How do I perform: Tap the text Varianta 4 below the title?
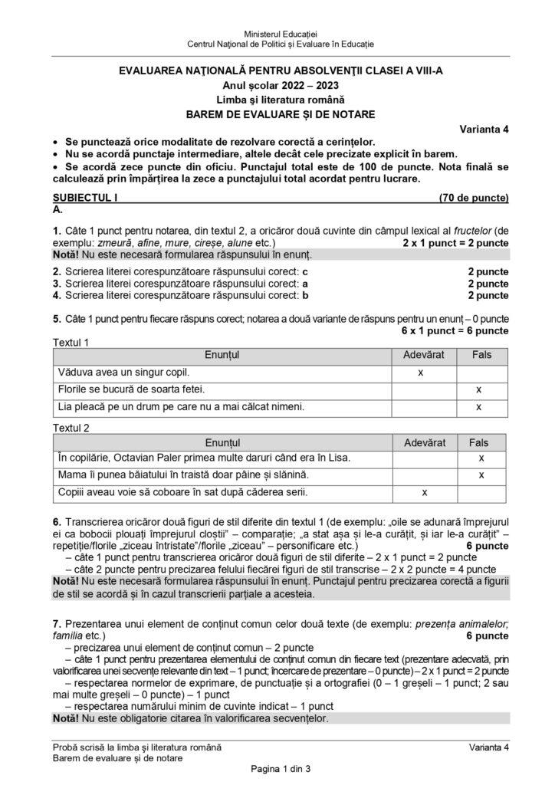pos(484,129)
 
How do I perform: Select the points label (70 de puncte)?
pos(474,198)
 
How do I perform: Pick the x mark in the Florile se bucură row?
pos(478,389)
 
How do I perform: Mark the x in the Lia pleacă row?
pos(478,406)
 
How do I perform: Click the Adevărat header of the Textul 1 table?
pos(424,355)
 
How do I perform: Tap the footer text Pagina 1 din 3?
pos(277,768)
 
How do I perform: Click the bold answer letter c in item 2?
pos(304,271)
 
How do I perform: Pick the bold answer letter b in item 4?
pos(305,294)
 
